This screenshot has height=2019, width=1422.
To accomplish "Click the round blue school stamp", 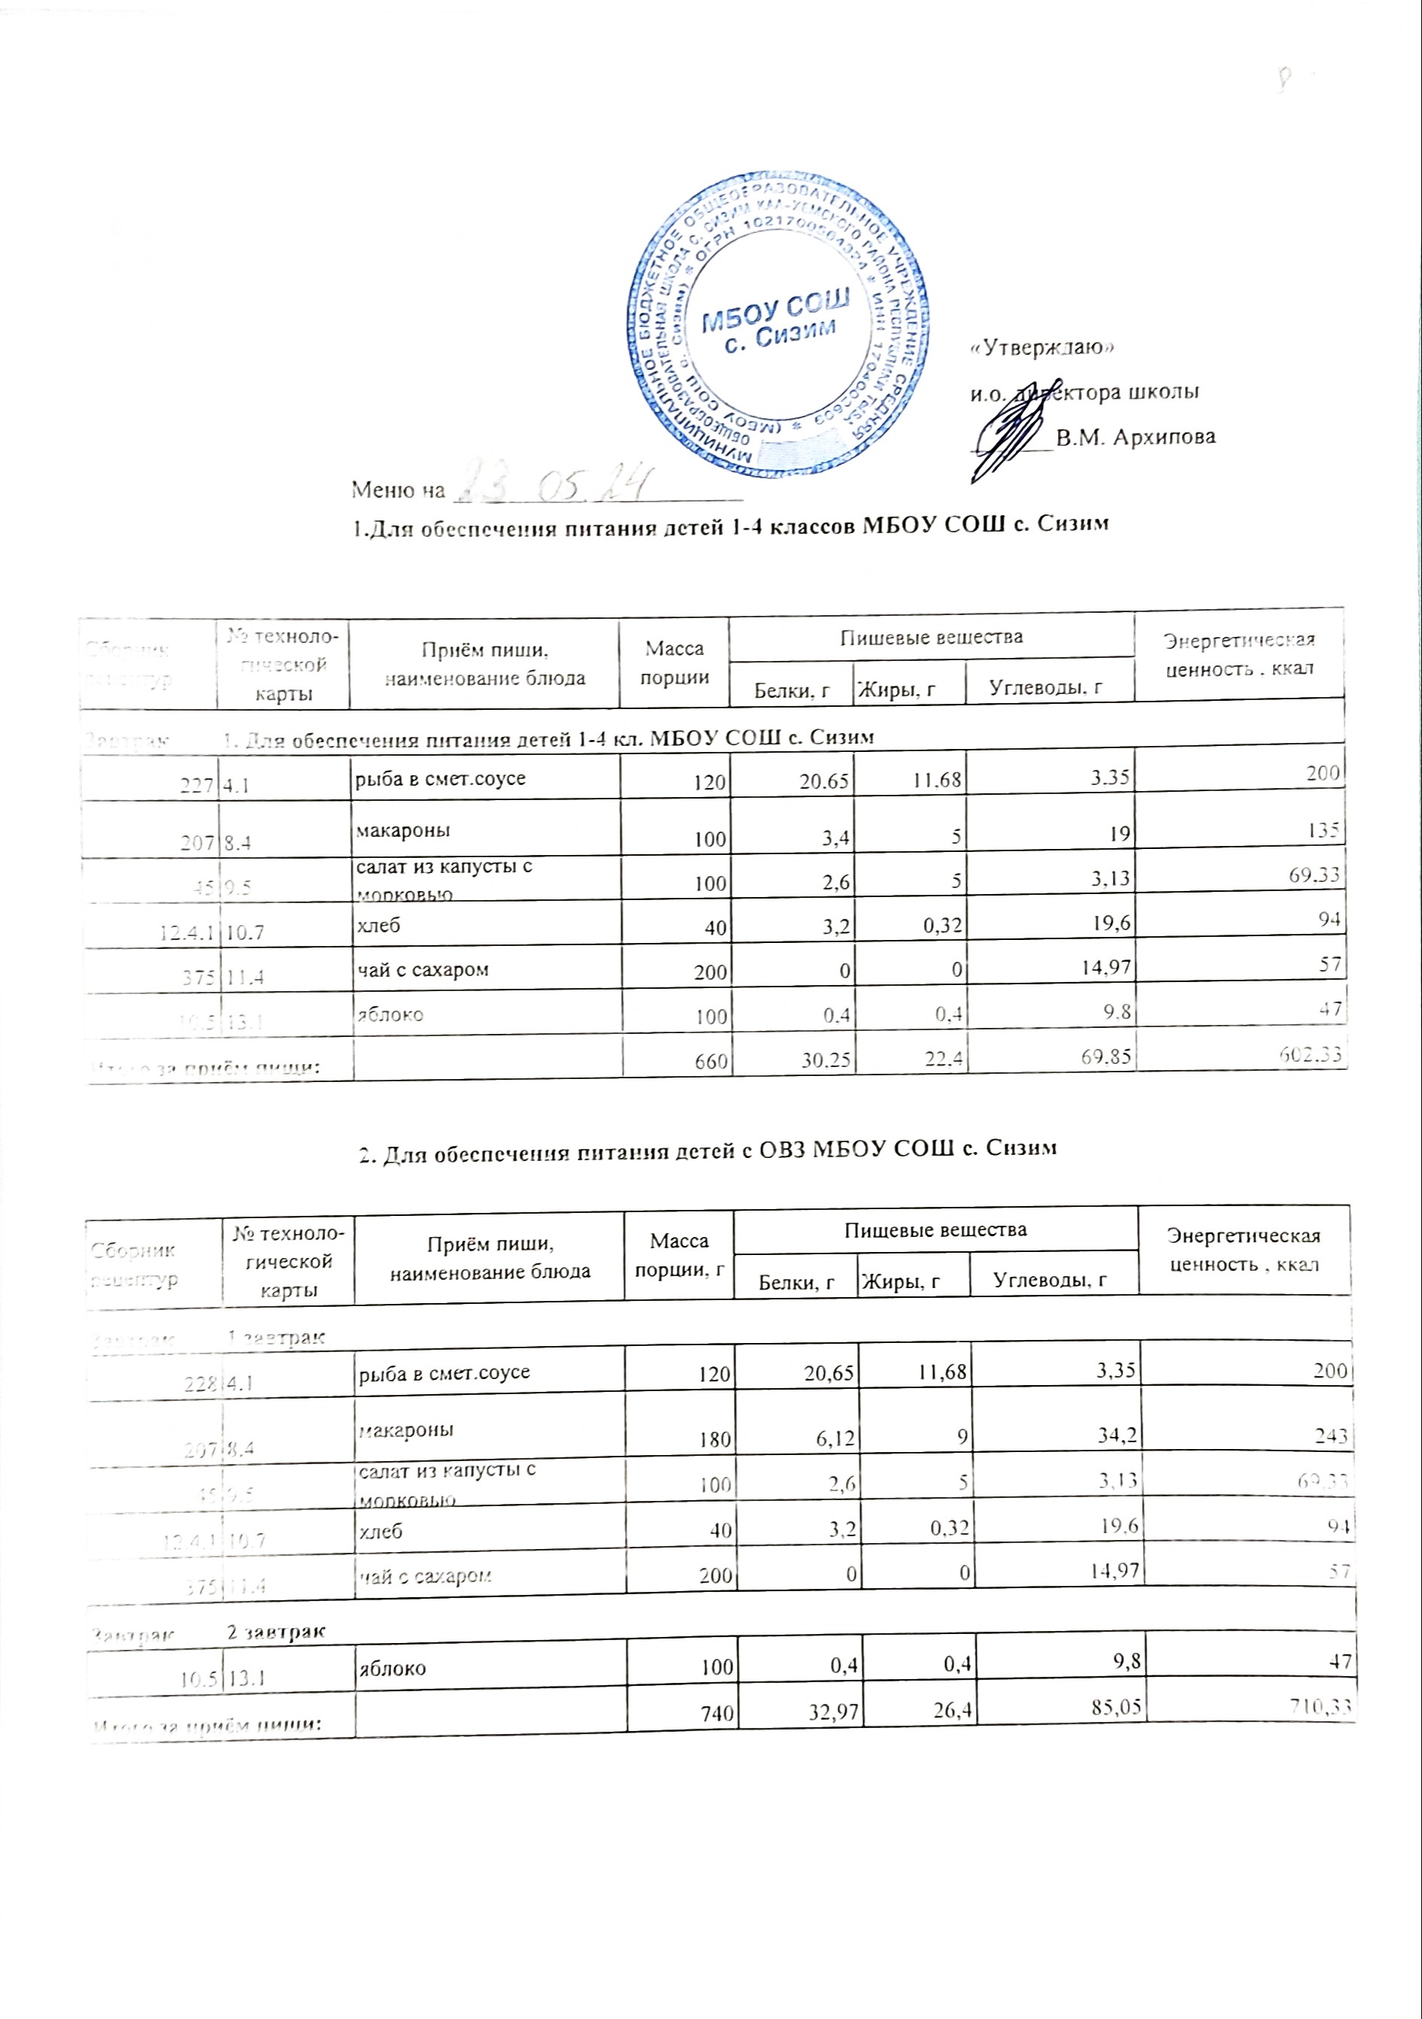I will [779, 322].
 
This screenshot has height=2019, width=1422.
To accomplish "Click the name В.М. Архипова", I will [1135, 437].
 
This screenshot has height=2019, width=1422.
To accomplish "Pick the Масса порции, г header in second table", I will [678, 1253].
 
